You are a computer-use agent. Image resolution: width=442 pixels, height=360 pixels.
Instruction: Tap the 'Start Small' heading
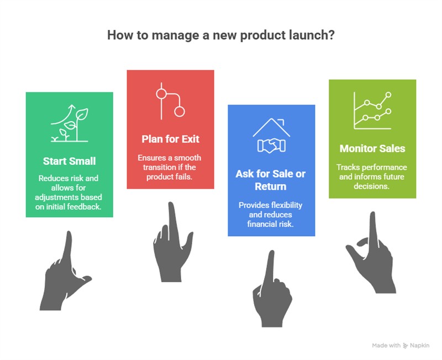(70, 161)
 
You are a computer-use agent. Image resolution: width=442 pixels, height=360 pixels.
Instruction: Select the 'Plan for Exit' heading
(170, 139)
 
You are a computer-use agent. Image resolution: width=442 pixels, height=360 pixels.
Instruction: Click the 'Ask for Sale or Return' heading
(271, 180)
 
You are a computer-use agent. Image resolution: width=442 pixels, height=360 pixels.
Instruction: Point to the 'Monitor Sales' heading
(372, 148)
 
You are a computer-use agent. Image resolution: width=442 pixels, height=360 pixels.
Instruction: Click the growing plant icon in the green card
(70, 123)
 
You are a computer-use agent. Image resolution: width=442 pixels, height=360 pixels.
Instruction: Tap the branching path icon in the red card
(170, 102)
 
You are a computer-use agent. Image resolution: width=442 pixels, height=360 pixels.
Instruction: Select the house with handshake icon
(271, 135)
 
